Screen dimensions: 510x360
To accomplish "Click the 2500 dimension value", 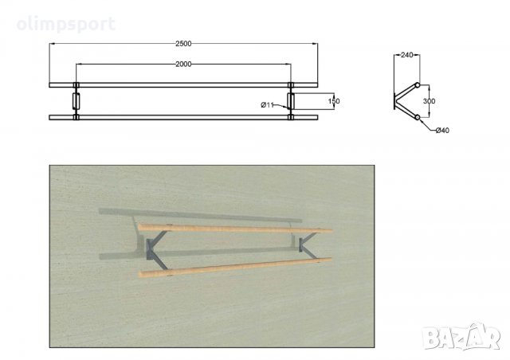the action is coord(183,44).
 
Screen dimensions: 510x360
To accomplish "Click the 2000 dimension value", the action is coord(183,64).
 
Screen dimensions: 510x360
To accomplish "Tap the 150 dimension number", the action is coord(334,101).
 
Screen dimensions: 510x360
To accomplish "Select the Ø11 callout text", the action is coord(268,104).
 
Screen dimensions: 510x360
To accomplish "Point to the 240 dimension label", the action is coord(406,55).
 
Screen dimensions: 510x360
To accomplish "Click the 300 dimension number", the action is coord(429,101).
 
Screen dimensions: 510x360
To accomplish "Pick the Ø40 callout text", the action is coord(442,131).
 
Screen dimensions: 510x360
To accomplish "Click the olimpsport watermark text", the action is coord(66,25).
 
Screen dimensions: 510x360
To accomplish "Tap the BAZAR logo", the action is coord(461,337).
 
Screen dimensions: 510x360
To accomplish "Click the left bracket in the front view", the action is coord(76,101).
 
